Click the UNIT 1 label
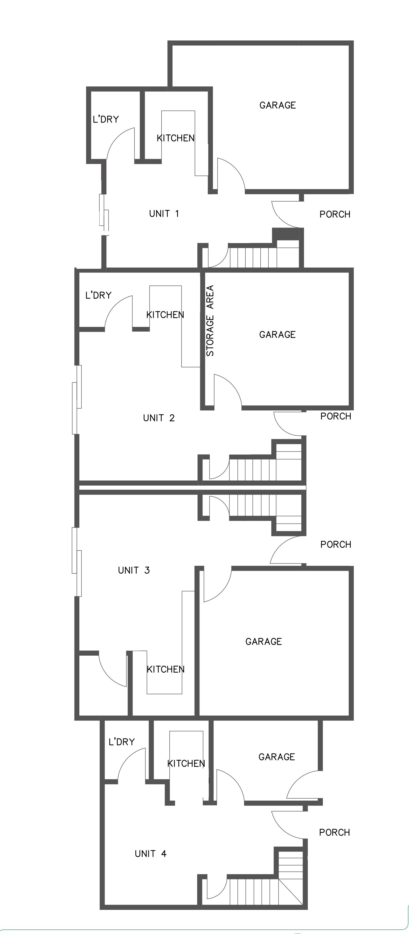coord(164,214)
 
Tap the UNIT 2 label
coord(159,418)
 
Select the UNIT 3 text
coord(134,570)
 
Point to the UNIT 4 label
coord(150,854)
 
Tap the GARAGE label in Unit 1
coord(278,105)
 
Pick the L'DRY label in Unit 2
coord(98,295)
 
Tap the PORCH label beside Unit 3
coord(336,544)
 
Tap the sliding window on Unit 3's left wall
coord(77,562)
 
